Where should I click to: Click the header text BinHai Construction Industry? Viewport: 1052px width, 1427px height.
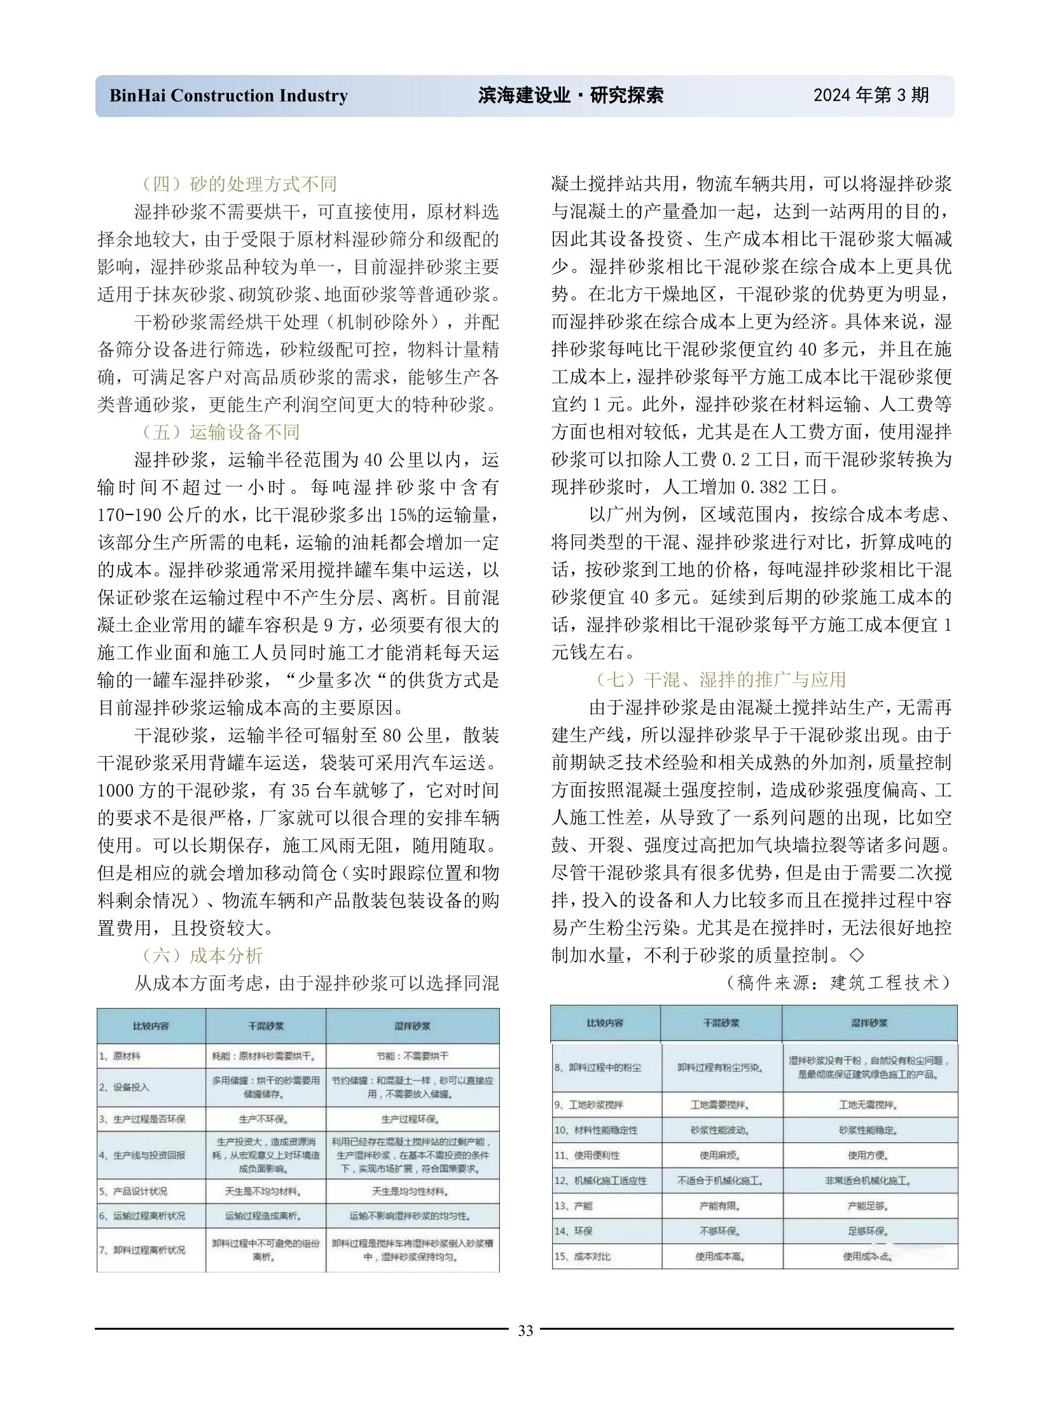coord(228,95)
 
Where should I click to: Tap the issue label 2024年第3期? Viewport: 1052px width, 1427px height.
coord(871,95)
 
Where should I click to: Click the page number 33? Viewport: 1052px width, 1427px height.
coord(525,1331)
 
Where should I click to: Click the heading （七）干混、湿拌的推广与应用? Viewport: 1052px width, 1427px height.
coord(720,679)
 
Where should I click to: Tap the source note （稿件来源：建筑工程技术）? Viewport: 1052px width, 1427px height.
coord(838,982)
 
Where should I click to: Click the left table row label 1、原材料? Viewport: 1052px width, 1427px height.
coord(120,1056)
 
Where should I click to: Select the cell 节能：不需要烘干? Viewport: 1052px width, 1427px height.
coord(412,1056)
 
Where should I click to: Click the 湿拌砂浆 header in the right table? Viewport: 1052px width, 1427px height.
coord(869,1023)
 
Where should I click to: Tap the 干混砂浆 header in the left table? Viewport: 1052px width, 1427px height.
coord(266,1026)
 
